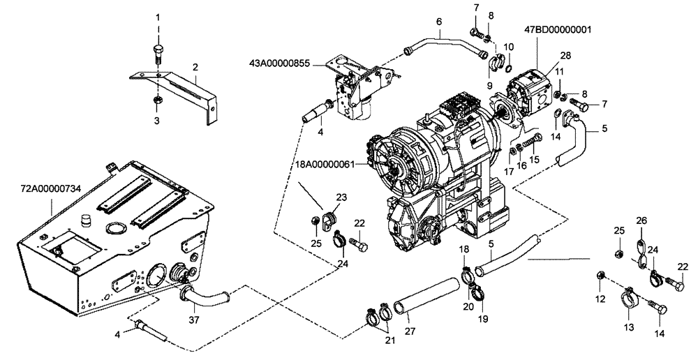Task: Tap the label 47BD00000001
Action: (x=558, y=30)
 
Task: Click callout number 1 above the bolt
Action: (x=158, y=16)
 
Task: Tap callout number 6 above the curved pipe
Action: (x=439, y=22)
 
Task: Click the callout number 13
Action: (x=628, y=327)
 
